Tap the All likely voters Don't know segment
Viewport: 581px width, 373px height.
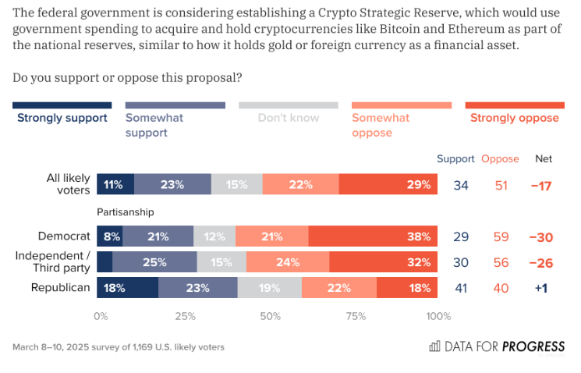point(236,185)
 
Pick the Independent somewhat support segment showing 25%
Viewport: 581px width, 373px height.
point(154,262)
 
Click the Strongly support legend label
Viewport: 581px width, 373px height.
point(62,118)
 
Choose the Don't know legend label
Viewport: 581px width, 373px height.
point(289,118)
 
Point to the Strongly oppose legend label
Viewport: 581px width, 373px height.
point(515,118)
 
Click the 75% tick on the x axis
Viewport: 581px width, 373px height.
point(355,316)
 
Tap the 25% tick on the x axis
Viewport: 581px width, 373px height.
point(185,316)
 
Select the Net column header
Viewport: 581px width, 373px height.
point(544,158)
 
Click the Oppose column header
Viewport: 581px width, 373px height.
point(500,158)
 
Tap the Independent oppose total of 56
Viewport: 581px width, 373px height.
point(500,262)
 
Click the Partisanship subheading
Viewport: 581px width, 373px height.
point(126,211)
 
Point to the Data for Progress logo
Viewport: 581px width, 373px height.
point(497,346)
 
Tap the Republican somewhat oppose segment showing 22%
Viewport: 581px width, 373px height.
point(339,288)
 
